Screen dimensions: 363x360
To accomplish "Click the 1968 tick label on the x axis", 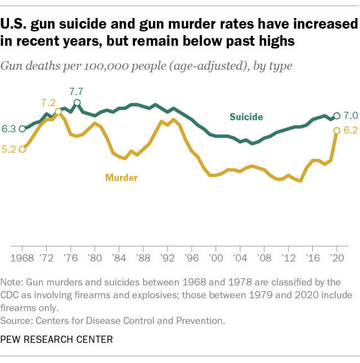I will (x=22, y=259).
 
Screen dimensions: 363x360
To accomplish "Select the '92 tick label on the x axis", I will (x=168, y=259).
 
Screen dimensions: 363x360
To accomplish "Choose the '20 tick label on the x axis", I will (x=337, y=259).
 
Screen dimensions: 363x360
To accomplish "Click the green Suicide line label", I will (x=246, y=117).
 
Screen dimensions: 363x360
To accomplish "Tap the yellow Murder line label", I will (x=121, y=178).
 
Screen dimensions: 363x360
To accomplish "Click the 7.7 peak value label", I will (x=76, y=91).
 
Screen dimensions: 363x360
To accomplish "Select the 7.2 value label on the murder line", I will (x=48, y=103).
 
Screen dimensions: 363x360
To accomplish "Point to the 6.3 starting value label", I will (x=8, y=129).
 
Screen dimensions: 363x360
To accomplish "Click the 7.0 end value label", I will (x=350, y=116).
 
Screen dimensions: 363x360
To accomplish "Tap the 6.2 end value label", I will (x=350, y=131).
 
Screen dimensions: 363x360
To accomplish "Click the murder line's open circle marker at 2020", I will (x=337, y=131).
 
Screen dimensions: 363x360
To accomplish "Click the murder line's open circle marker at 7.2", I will (x=58, y=111).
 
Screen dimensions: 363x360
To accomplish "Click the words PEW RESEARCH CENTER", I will (x=56, y=339).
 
